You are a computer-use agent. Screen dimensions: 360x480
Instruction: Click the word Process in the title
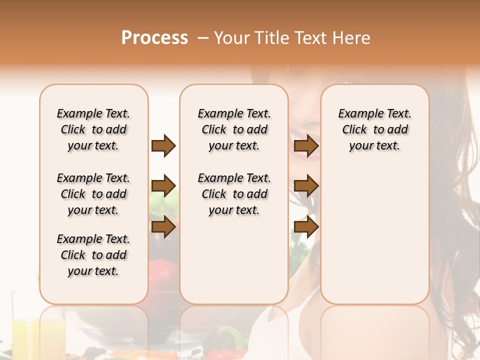(154, 38)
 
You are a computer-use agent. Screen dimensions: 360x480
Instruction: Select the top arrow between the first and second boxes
(163, 146)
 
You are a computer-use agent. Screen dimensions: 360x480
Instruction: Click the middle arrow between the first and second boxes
(163, 186)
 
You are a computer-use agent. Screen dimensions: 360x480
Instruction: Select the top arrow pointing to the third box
(306, 146)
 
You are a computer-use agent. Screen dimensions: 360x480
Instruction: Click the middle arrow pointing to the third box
(306, 186)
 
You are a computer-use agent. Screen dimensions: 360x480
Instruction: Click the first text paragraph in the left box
(93, 129)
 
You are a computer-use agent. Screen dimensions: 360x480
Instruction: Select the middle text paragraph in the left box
(93, 194)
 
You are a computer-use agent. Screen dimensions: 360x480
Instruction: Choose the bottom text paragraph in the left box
(93, 255)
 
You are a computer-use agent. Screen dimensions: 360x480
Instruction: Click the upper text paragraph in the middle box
(234, 129)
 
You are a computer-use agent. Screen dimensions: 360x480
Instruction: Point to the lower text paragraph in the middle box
(234, 194)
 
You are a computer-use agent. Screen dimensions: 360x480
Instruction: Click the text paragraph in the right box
(374, 129)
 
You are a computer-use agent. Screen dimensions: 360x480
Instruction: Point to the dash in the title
(203, 38)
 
